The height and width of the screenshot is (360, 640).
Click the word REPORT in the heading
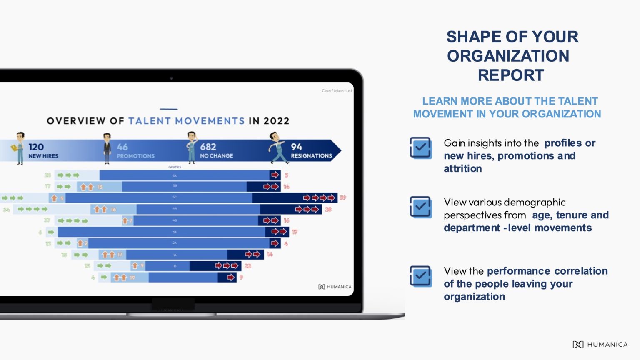click(511, 75)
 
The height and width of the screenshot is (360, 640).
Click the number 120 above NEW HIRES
click(36, 147)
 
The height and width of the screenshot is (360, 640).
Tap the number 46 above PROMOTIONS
click(122, 147)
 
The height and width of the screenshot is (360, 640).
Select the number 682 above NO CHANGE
click(208, 147)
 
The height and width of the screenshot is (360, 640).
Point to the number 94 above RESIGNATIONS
click(296, 147)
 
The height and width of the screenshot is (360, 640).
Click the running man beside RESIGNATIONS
click(277, 148)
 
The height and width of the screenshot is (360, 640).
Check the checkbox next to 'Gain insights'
click(421, 147)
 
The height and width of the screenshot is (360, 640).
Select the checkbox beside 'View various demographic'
click(421, 207)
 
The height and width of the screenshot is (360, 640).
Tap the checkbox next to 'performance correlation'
click(421, 276)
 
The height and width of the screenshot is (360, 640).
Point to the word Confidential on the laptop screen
click(337, 91)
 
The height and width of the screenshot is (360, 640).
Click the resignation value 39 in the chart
click(343, 197)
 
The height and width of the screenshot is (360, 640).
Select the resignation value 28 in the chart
click(328, 209)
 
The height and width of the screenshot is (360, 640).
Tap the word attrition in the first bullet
click(462, 169)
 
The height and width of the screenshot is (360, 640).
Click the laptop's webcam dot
click(171, 78)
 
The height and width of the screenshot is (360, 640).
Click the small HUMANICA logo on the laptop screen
click(335, 287)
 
